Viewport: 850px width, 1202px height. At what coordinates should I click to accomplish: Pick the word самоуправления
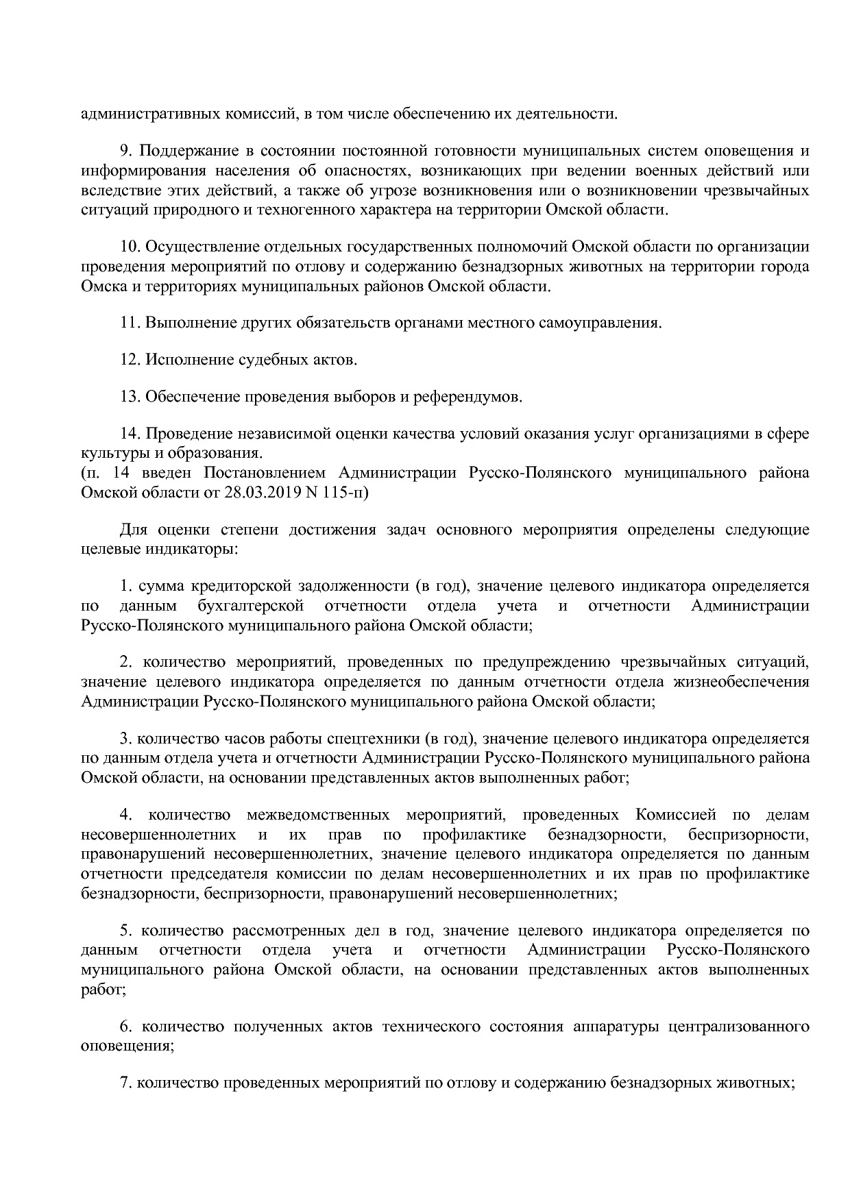click(611, 322)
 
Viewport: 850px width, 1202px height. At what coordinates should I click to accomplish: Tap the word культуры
click(109, 453)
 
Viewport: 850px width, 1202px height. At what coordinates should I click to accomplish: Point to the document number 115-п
click(345, 493)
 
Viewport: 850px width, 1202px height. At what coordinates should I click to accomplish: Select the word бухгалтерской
click(250, 606)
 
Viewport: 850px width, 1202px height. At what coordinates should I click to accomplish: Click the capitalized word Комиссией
click(676, 815)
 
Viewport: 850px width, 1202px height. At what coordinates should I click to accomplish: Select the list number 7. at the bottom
click(125, 1083)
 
